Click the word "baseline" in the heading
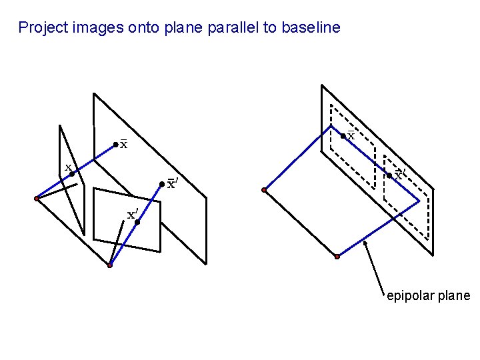point(311,28)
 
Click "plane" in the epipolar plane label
point(454,296)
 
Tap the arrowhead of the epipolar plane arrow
point(365,243)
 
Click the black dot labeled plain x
point(72,174)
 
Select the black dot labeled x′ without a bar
point(137,222)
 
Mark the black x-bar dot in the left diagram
point(115,144)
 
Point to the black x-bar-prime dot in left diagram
point(162,184)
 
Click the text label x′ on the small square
point(132,215)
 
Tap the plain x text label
point(68,167)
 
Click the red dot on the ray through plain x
point(37,198)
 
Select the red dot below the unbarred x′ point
point(110,265)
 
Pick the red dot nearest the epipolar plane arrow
point(337,256)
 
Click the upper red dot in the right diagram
point(264,190)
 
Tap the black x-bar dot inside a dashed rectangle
point(343,136)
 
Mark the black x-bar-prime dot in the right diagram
point(389,176)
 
